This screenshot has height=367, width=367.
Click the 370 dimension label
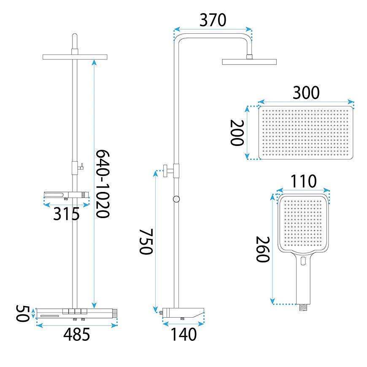point(213,20)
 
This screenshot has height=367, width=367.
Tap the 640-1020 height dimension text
point(103,184)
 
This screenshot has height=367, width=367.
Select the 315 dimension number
point(67,214)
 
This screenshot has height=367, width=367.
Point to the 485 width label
point(76,334)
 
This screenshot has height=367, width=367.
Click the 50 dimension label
point(22,313)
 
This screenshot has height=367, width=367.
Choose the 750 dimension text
point(146,242)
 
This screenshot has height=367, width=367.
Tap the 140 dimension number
point(184,334)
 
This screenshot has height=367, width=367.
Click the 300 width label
point(306,93)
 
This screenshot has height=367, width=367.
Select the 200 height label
point(237,133)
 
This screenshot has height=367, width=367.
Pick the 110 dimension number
point(303,181)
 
